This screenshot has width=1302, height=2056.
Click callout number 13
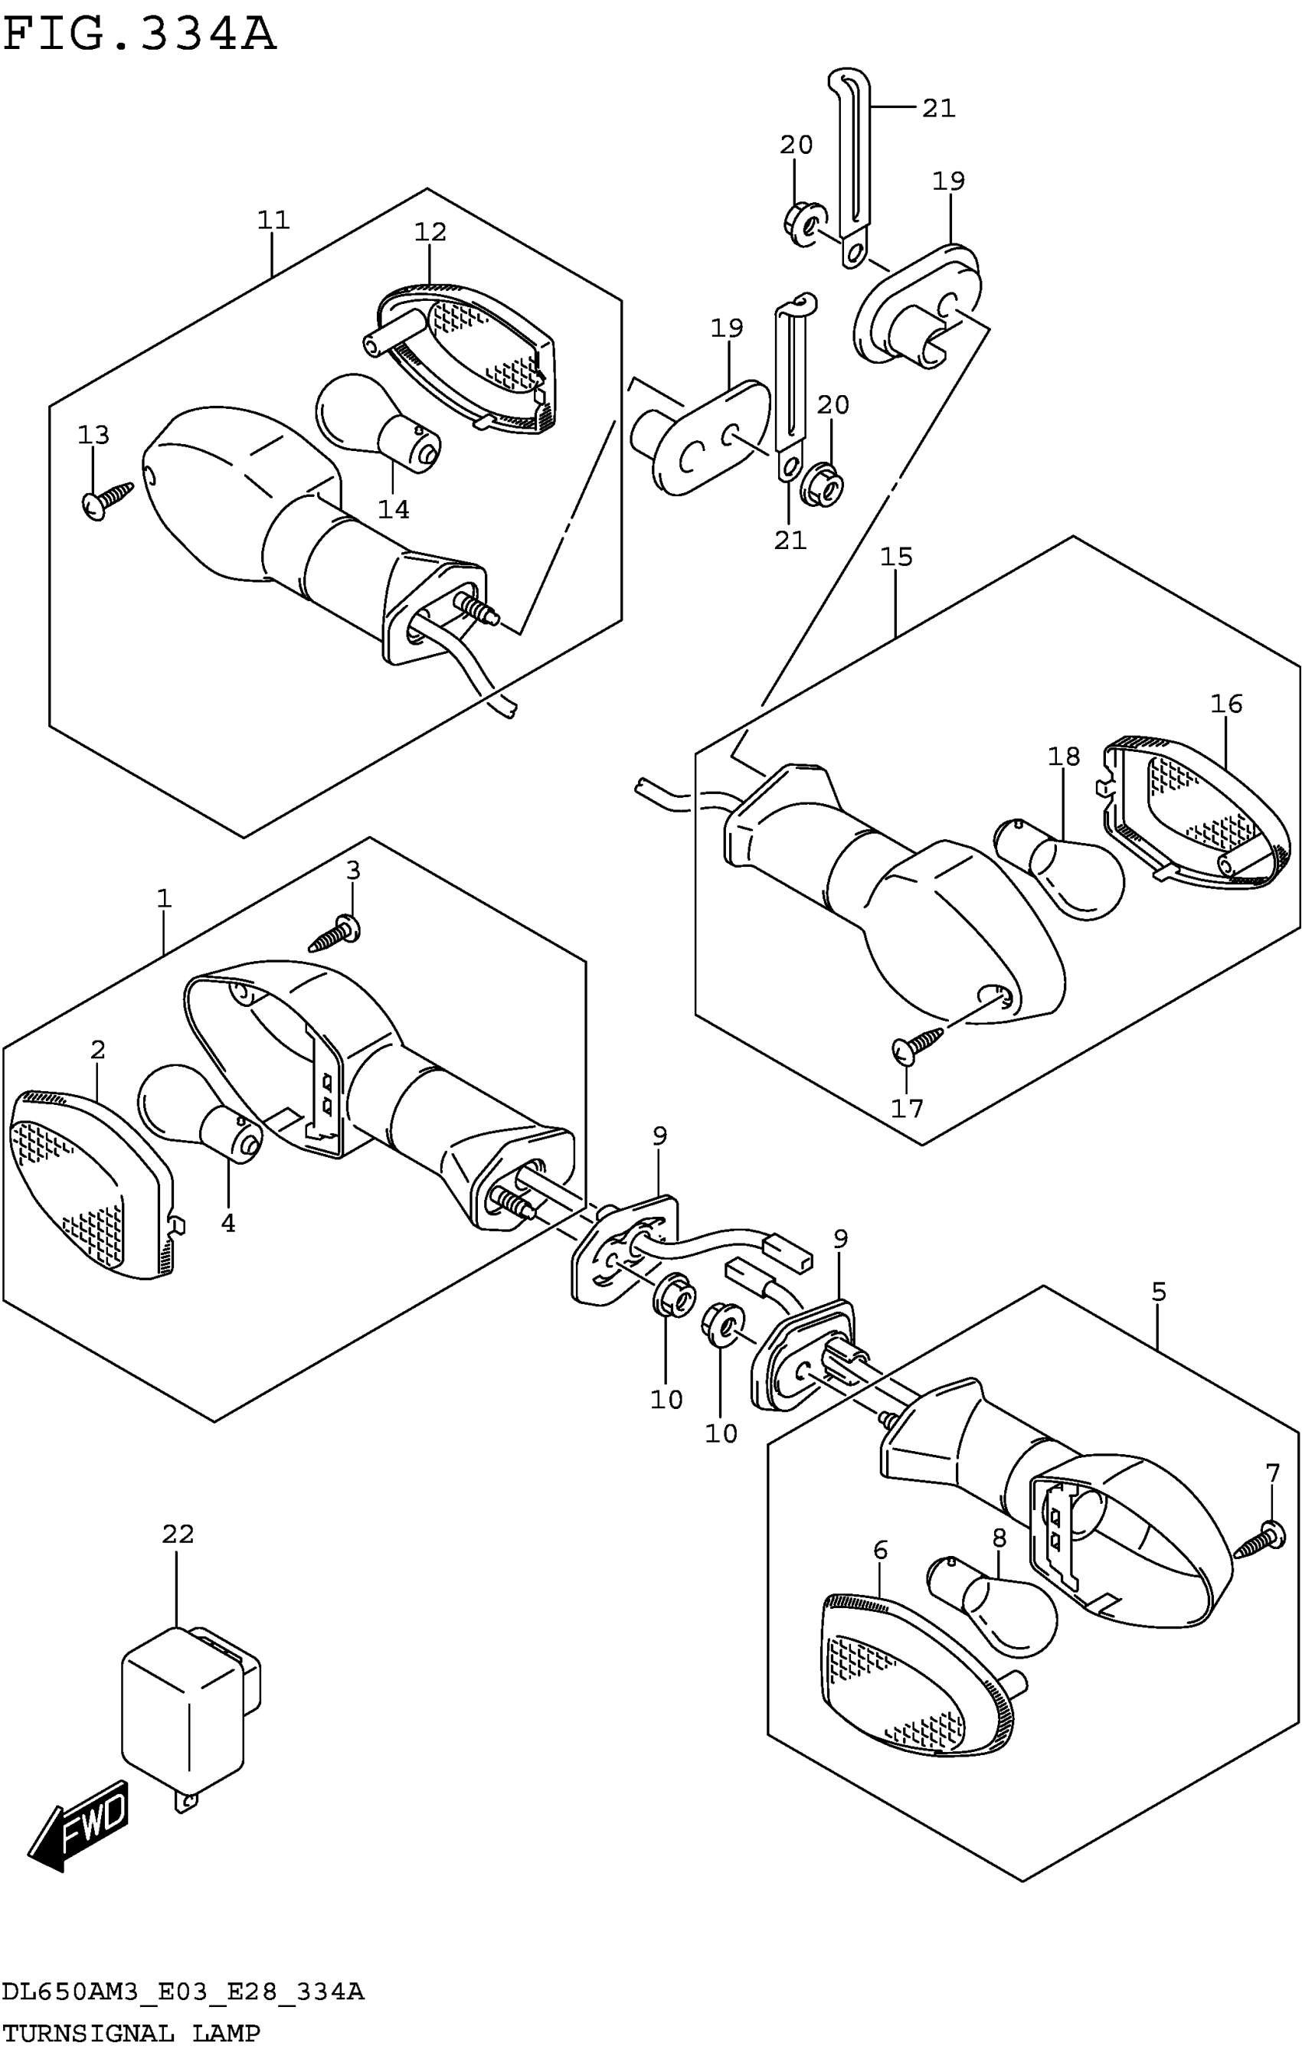[x=93, y=436]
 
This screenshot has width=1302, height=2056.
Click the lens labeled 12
[x=466, y=358]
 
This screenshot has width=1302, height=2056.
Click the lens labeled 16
[x=1196, y=816]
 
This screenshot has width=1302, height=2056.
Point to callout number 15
[x=896, y=557]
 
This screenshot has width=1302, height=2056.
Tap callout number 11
[x=273, y=221]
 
